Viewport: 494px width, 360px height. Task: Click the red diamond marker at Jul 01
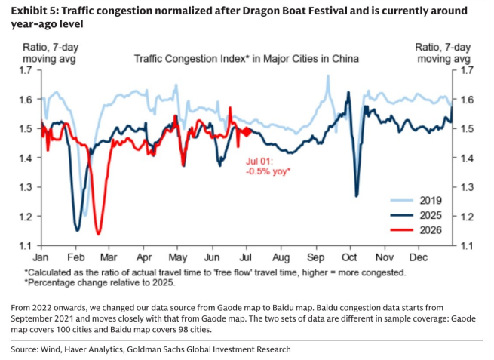point(247,132)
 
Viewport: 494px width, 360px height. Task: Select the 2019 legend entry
point(416,200)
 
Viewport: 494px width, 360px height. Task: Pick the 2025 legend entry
point(416,215)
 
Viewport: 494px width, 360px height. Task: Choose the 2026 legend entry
point(416,230)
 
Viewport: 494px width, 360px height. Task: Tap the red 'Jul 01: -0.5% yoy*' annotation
point(268,166)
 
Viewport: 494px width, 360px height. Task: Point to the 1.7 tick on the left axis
point(26,70)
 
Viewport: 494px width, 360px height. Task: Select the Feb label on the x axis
point(76,257)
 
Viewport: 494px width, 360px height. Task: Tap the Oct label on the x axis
point(349,257)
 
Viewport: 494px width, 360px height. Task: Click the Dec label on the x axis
point(419,257)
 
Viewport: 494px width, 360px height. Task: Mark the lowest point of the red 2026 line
point(98,234)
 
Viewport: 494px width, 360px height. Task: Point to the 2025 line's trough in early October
point(357,196)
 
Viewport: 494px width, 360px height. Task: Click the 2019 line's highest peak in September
point(328,75)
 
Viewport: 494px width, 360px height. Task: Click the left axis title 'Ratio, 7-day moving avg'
point(51,53)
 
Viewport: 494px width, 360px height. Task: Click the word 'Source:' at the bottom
point(24,349)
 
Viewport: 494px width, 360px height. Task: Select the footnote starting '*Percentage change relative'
point(100,282)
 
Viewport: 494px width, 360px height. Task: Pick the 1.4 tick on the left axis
point(26,158)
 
